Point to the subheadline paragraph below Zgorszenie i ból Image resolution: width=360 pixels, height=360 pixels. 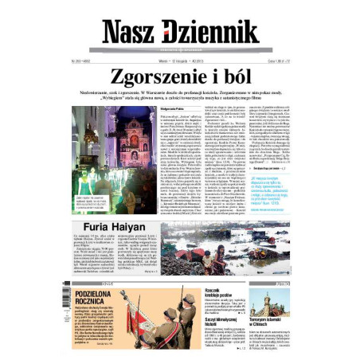click(180, 100)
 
